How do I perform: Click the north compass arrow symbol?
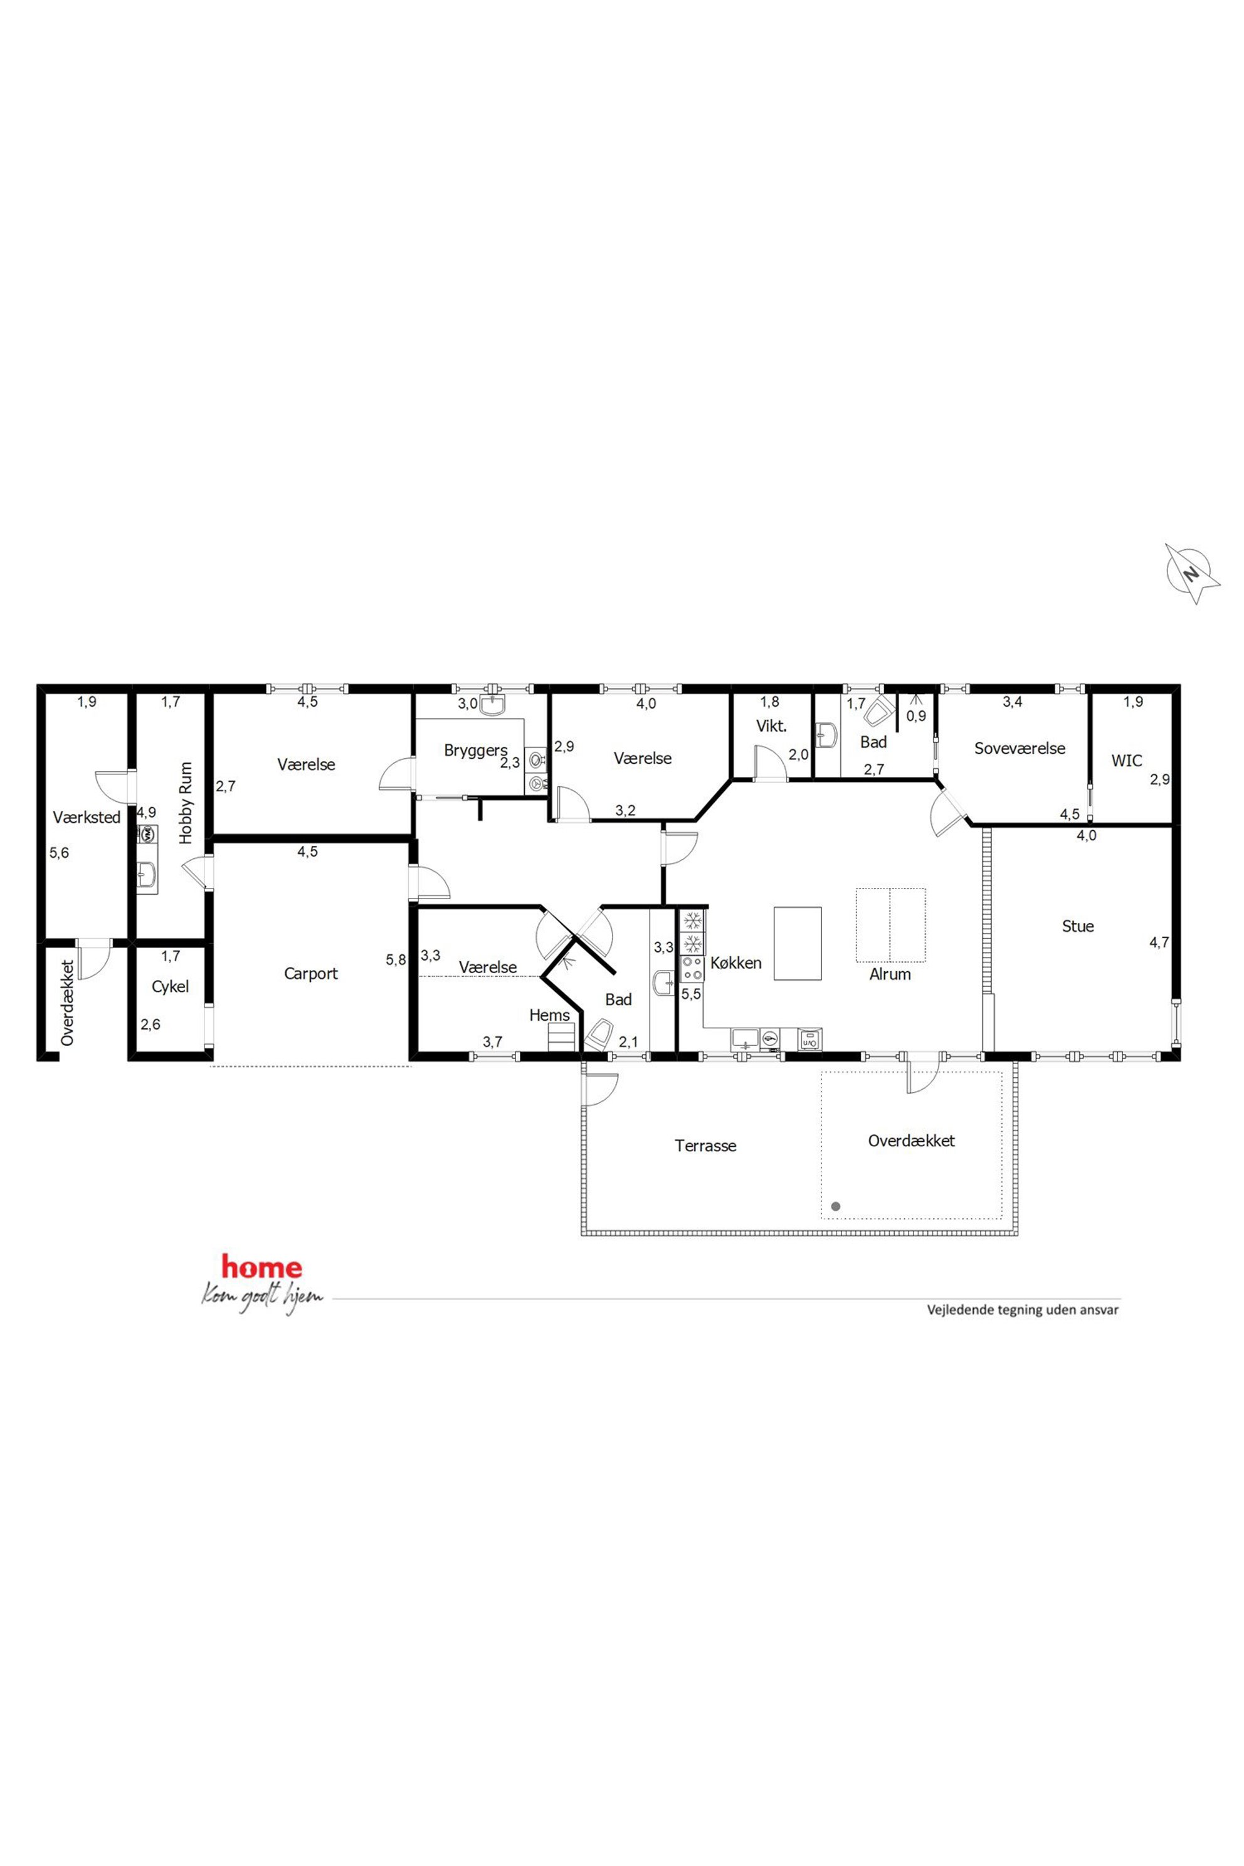(1191, 573)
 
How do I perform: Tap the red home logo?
(262, 1267)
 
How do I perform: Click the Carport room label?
(311, 974)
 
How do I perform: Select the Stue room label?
(1077, 926)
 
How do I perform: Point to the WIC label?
(1127, 761)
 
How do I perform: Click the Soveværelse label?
(1020, 748)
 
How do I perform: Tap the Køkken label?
(735, 962)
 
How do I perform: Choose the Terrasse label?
(705, 1146)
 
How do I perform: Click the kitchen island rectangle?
(798, 943)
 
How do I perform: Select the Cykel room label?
(171, 986)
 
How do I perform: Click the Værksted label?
(87, 817)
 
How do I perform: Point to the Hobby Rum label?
(186, 803)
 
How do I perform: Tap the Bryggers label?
(476, 751)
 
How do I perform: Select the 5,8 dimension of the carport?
(396, 960)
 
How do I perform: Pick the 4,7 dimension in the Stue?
(1159, 943)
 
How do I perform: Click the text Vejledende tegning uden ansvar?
(1023, 1310)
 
